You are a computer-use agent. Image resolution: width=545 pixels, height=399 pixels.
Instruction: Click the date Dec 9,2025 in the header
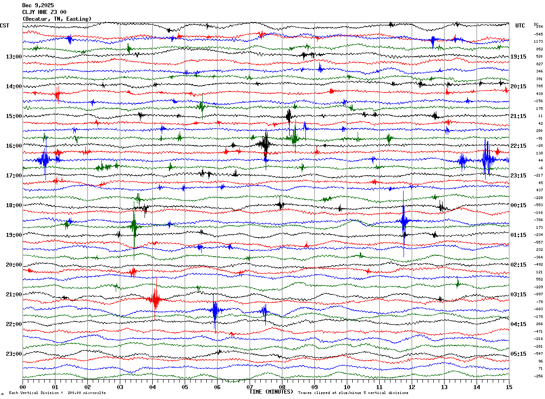pyautogui.click(x=38, y=5)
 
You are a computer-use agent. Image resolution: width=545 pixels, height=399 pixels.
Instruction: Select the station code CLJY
pyautogui.click(x=29, y=12)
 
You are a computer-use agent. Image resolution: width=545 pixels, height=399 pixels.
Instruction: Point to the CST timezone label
pyautogui.click(x=5, y=26)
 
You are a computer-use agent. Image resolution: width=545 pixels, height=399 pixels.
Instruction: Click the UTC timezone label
pyautogui.click(x=520, y=26)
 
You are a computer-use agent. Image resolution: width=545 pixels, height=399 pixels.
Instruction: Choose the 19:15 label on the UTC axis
pyautogui.click(x=519, y=57)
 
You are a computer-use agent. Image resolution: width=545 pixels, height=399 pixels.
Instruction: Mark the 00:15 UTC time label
pyautogui.click(x=519, y=205)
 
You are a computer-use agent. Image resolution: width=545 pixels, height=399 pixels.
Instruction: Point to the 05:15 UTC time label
pyautogui.click(x=519, y=354)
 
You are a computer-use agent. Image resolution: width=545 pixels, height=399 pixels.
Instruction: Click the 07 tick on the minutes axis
pyautogui.click(x=250, y=387)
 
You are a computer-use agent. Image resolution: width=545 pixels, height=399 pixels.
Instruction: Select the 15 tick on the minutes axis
pyautogui.click(x=509, y=387)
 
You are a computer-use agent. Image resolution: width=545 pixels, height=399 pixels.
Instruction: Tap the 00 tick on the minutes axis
pyautogui.click(x=23, y=387)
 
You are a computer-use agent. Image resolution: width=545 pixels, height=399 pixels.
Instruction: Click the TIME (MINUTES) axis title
pyautogui.click(x=271, y=392)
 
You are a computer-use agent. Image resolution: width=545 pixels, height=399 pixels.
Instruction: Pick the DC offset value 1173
pyautogui.click(x=539, y=41)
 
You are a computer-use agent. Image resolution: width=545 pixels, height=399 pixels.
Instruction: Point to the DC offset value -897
pyautogui.click(x=539, y=294)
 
